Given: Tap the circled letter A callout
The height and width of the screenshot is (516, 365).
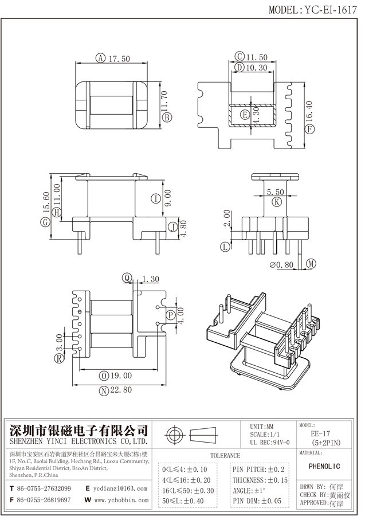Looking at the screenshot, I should coord(100,58).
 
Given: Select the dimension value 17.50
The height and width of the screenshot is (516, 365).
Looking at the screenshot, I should coord(119,58).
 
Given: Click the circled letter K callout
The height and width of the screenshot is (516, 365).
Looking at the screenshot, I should coord(277,201).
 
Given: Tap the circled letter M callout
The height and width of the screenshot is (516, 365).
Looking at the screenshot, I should coord(310,264).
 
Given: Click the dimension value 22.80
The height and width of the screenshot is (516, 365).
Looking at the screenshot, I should coord(120,390).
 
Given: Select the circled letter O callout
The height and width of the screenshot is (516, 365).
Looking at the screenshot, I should coord(104,376).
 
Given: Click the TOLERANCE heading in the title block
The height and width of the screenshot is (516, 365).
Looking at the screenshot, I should coord(225,455).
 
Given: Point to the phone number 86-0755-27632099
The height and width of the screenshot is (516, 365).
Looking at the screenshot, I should coord(44,488).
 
